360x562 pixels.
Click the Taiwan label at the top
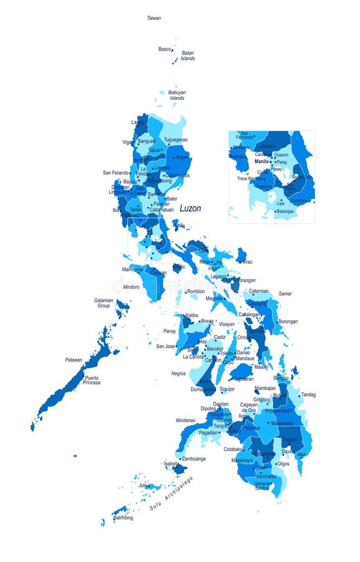[x=153, y=18]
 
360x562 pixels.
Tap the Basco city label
[x=164, y=49]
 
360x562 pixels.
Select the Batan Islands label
[x=188, y=56]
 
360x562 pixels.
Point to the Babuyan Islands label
[x=177, y=96]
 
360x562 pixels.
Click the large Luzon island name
[x=190, y=209]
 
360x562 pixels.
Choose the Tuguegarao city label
[x=175, y=140]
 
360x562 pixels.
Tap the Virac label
[x=246, y=262]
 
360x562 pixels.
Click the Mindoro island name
[x=131, y=287]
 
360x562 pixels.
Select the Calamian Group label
[x=104, y=303]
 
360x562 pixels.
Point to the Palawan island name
[x=74, y=360]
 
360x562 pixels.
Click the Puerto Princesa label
[x=92, y=380]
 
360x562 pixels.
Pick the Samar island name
[x=285, y=293]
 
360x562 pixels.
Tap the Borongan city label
[x=288, y=322]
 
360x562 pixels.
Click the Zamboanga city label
[x=193, y=458]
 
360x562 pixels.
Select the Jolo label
[x=143, y=485]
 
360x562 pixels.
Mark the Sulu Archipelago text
[x=172, y=494]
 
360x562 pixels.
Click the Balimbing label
[x=123, y=518]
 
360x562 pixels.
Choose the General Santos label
[x=263, y=485]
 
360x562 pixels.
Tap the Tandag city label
[x=308, y=395]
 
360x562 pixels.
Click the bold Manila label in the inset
[x=261, y=161]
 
